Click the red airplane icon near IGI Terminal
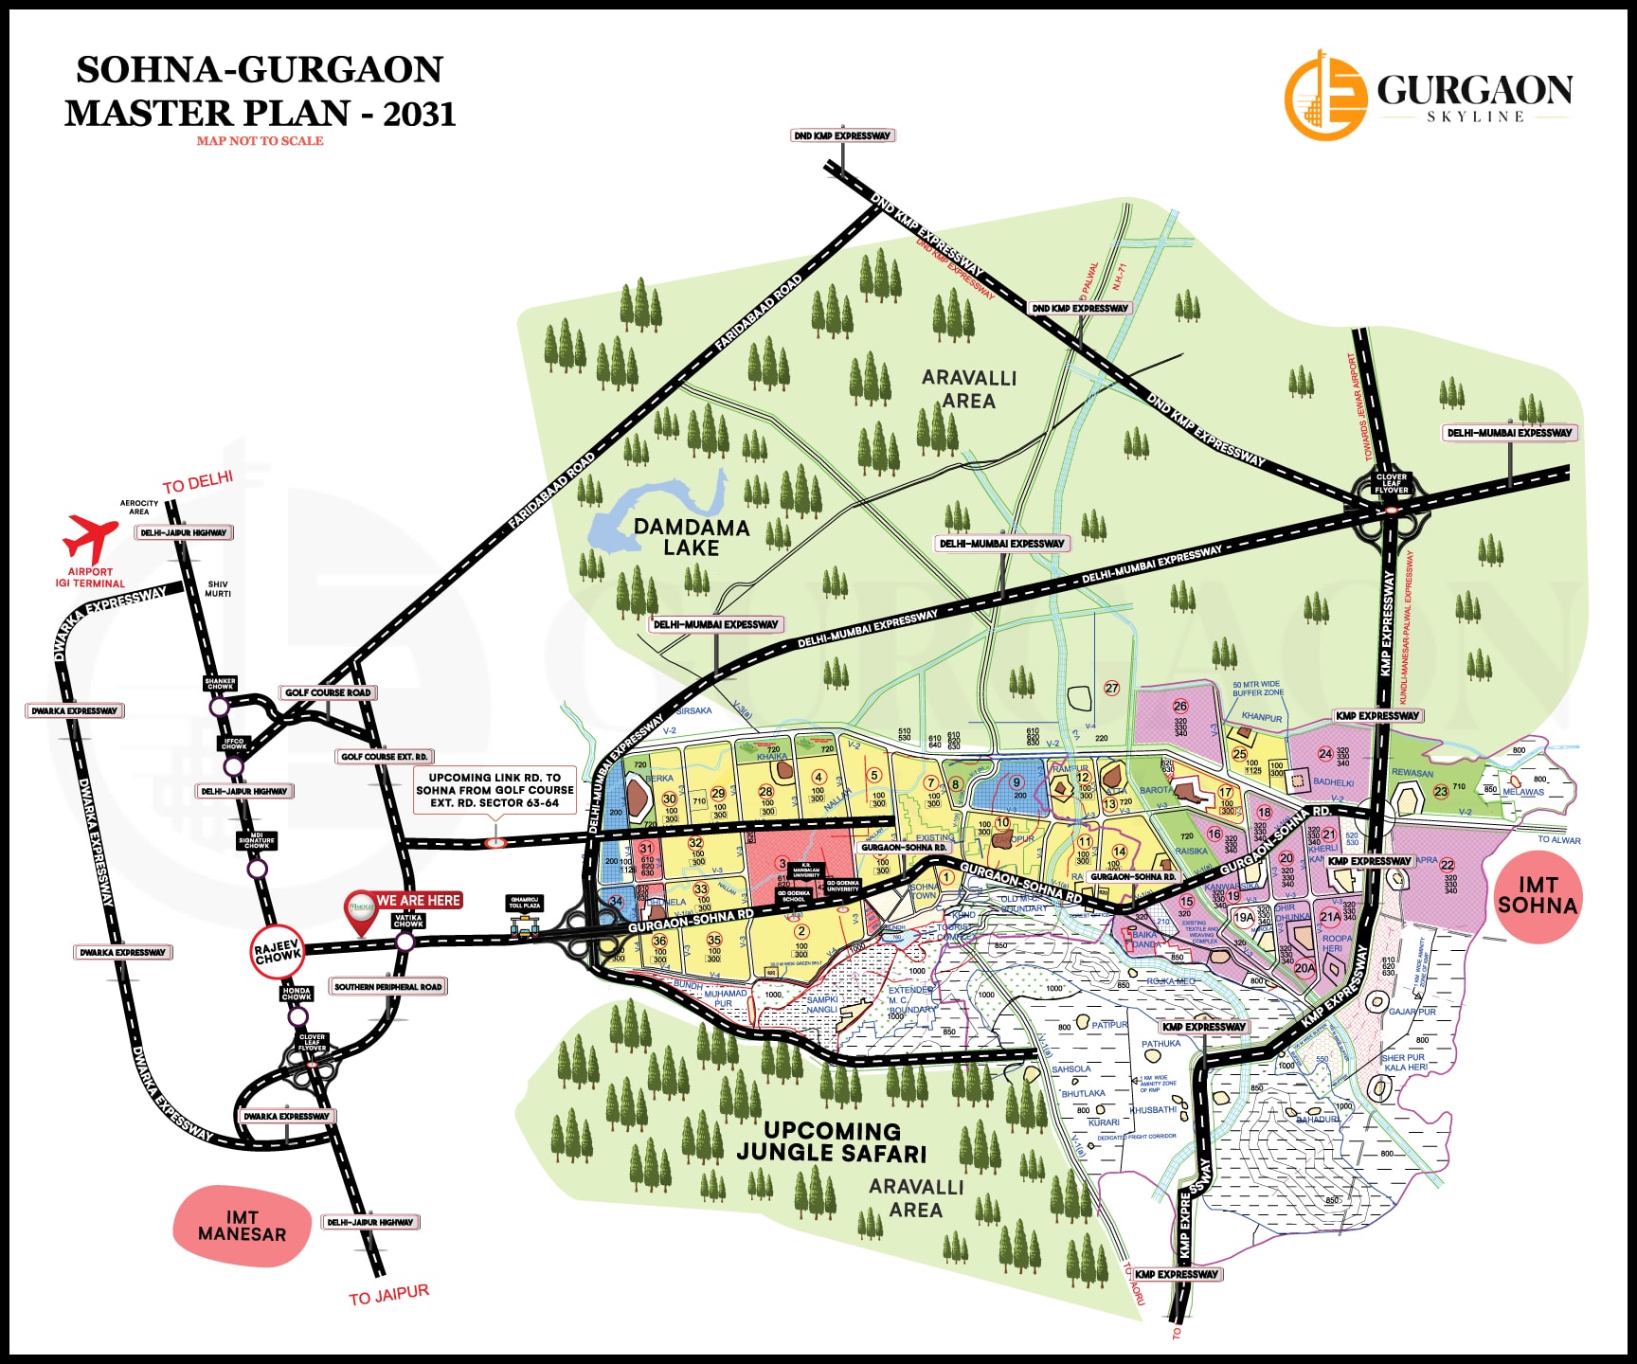pos(91,537)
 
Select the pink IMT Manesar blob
pos(242,1226)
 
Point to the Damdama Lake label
pos(691,537)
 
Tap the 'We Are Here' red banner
pos(418,900)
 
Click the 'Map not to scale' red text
pos(260,141)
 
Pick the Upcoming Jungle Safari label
pos(832,1141)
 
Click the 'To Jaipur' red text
pos(388,1295)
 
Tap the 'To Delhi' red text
pos(197,482)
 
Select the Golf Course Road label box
pos(328,692)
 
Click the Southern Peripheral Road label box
pos(387,987)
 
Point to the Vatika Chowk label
pos(408,921)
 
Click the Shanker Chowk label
pos(220,683)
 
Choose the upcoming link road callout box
pos(495,790)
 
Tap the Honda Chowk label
pos(297,994)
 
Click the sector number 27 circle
pos(1112,689)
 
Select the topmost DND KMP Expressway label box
pos(842,135)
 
